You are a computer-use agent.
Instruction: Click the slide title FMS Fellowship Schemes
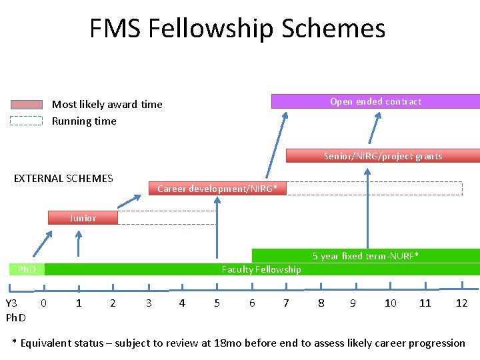coord(237,29)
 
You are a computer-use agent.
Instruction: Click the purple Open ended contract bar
coord(375,101)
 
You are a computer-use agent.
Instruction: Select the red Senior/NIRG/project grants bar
coord(383,156)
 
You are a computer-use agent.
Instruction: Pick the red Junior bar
coord(83,218)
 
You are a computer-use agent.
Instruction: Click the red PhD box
coord(27,269)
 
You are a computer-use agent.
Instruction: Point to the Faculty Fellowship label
coord(261,269)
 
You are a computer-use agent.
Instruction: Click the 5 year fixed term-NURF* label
coord(365,256)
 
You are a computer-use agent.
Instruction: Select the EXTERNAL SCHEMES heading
coord(63,178)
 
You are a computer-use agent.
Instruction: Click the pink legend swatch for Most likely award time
coord(27,105)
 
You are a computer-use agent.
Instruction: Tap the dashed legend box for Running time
coord(27,121)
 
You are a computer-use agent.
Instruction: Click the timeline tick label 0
coord(43,303)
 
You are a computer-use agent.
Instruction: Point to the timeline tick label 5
coord(217,303)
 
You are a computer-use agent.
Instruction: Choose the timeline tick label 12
coord(461,303)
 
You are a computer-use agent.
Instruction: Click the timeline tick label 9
coord(353,303)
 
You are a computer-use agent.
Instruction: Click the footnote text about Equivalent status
coord(239,343)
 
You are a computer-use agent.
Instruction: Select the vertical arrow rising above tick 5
coord(217,227)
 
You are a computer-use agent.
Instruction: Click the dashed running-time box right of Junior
coord(167,218)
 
